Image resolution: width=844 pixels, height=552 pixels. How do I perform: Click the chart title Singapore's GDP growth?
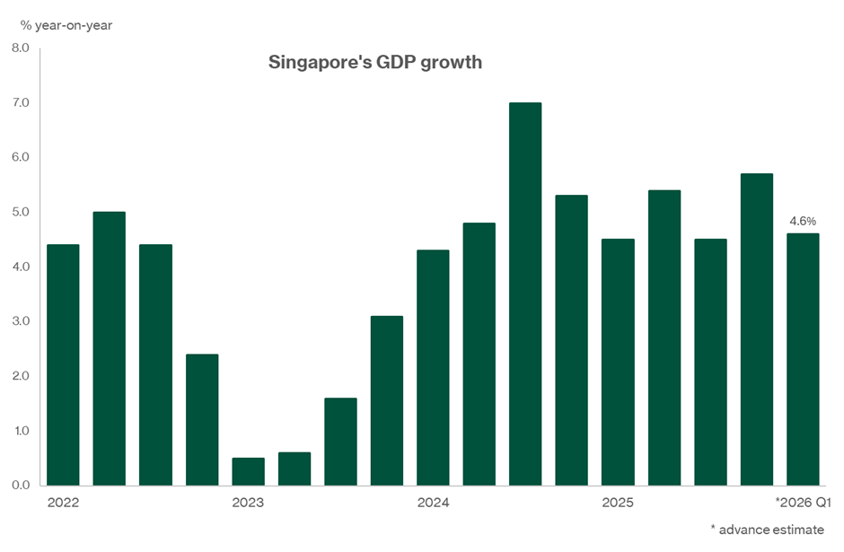point(375,63)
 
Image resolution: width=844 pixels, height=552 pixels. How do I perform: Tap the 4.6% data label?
point(803,221)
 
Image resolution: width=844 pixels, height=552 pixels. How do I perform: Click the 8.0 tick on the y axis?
point(20,48)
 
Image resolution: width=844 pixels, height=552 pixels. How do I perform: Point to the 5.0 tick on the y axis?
point(20,213)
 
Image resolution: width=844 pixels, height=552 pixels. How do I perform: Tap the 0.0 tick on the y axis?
point(20,486)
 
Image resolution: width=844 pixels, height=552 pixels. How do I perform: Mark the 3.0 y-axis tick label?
point(20,321)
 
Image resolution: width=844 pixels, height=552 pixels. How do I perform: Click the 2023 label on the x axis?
point(248,504)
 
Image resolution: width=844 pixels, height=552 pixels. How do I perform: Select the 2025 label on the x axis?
point(618,504)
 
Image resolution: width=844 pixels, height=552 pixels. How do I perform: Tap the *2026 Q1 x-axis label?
point(797,504)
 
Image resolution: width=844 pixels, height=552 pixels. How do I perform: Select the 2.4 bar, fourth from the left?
point(202,419)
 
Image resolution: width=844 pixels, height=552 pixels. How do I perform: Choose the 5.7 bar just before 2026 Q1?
point(756,329)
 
